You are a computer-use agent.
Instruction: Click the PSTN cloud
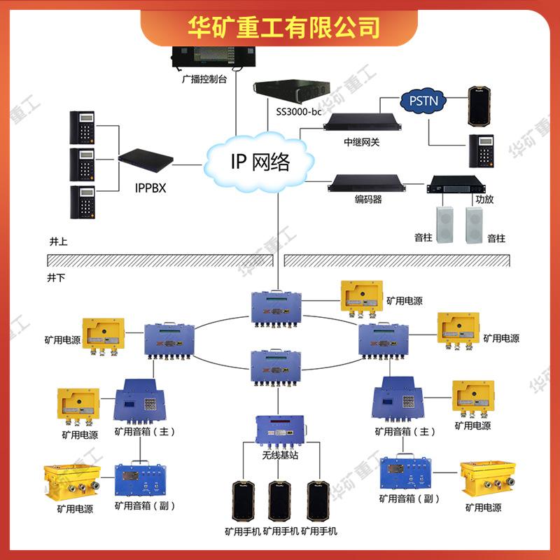423,101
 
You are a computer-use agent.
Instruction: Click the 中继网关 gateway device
361,122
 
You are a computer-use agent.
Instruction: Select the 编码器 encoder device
367,184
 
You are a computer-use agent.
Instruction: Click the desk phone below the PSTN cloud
482,150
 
